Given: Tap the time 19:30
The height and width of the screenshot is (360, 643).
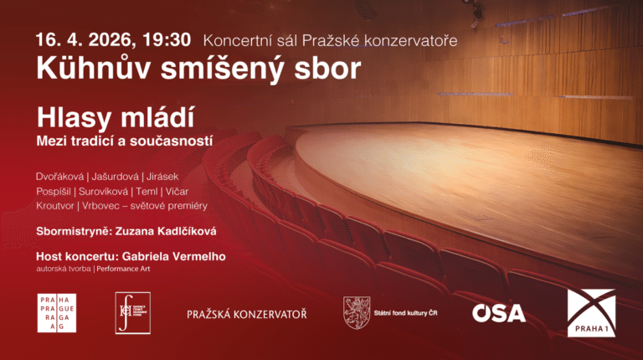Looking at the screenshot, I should [x=170, y=39].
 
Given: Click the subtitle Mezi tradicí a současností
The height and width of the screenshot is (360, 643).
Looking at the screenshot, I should [x=124, y=141].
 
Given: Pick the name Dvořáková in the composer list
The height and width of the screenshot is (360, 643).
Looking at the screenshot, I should [x=62, y=177].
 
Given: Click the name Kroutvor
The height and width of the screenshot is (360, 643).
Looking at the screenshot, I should [x=55, y=205].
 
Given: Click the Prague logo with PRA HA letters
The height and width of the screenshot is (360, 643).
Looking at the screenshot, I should [x=56, y=313].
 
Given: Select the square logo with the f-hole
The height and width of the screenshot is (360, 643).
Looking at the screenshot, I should [x=132, y=313].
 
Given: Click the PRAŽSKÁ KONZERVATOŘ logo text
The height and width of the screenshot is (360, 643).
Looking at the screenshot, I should [x=246, y=314].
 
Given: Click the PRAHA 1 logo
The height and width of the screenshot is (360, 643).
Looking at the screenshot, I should [x=591, y=313].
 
